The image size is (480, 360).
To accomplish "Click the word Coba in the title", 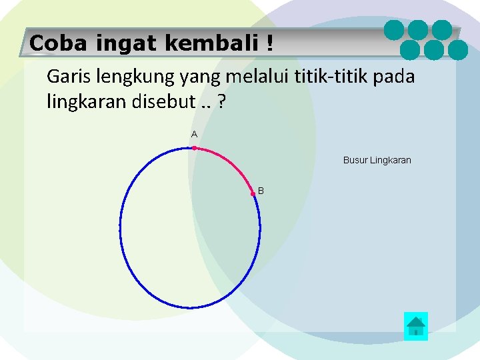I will coord(56,43).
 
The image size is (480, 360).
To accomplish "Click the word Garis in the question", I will coord(67,77).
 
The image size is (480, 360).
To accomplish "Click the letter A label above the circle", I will coord(194,135).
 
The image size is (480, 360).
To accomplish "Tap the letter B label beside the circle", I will coord(261,191).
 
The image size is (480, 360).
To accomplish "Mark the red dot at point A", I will coord(194,148).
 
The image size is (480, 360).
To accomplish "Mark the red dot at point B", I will coord(253,194).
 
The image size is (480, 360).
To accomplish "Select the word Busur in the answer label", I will coord(355,160).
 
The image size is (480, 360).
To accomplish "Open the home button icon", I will coord(416,326).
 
